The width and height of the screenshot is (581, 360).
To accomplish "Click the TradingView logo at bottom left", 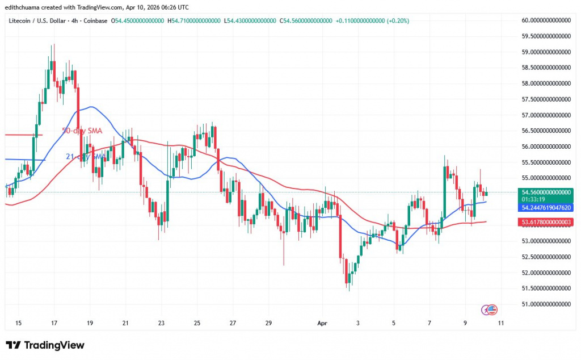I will pos(45,345).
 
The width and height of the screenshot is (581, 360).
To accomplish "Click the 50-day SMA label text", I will pos(82,131).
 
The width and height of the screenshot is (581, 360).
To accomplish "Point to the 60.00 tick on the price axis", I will pos(546,20).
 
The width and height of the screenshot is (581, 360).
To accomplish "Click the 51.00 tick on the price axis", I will pos(546,304).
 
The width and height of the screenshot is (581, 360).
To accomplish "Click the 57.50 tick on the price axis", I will pos(546,99).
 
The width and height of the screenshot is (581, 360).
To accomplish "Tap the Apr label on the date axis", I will pos(322,323).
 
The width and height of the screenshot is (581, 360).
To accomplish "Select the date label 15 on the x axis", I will pos(19,323).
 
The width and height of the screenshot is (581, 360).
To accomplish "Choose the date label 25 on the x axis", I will pos(197,323).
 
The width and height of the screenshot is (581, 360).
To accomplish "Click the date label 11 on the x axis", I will pos(501,323).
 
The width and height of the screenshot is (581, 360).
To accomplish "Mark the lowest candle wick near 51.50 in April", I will pos(349,290).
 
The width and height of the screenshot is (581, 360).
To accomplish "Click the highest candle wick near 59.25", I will pos(54,45).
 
